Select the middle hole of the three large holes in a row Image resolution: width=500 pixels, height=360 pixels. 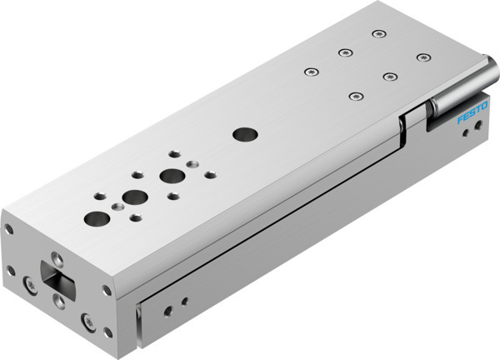coord(133,198)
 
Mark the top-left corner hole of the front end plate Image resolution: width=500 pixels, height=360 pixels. coord(9,227)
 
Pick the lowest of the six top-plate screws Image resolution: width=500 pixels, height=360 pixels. coord(356,97)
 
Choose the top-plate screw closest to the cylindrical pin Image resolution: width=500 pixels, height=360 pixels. coord(423,57)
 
